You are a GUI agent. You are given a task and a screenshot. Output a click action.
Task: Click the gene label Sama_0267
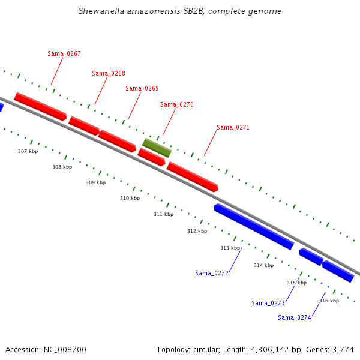(x=64, y=53)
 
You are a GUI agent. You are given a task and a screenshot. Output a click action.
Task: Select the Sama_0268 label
(x=109, y=73)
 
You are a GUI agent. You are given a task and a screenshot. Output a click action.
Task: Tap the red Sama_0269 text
(x=142, y=88)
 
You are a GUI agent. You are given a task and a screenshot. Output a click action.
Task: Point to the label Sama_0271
(x=233, y=127)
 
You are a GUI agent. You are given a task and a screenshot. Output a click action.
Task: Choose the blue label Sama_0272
(x=212, y=273)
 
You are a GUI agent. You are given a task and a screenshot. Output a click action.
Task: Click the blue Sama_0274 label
(x=295, y=317)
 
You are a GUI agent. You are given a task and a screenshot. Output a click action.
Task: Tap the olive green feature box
(x=157, y=148)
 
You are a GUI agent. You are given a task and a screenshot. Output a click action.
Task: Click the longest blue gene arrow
(x=254, y=227)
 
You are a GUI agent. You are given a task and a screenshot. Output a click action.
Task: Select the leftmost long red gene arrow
(x=40, y=107)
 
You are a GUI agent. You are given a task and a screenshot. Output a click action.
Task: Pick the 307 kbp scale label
(x=28, y=151)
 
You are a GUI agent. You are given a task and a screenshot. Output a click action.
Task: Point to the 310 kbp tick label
(x=130, y=198)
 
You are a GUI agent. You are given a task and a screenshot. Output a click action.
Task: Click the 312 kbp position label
(x=197, y=231)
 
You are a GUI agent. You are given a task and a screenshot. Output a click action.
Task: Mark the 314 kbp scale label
(x=264, y=265)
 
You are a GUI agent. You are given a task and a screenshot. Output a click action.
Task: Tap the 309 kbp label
(x=96, y=182)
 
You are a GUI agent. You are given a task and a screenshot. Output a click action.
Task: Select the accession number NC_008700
(x=65, y=350)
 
